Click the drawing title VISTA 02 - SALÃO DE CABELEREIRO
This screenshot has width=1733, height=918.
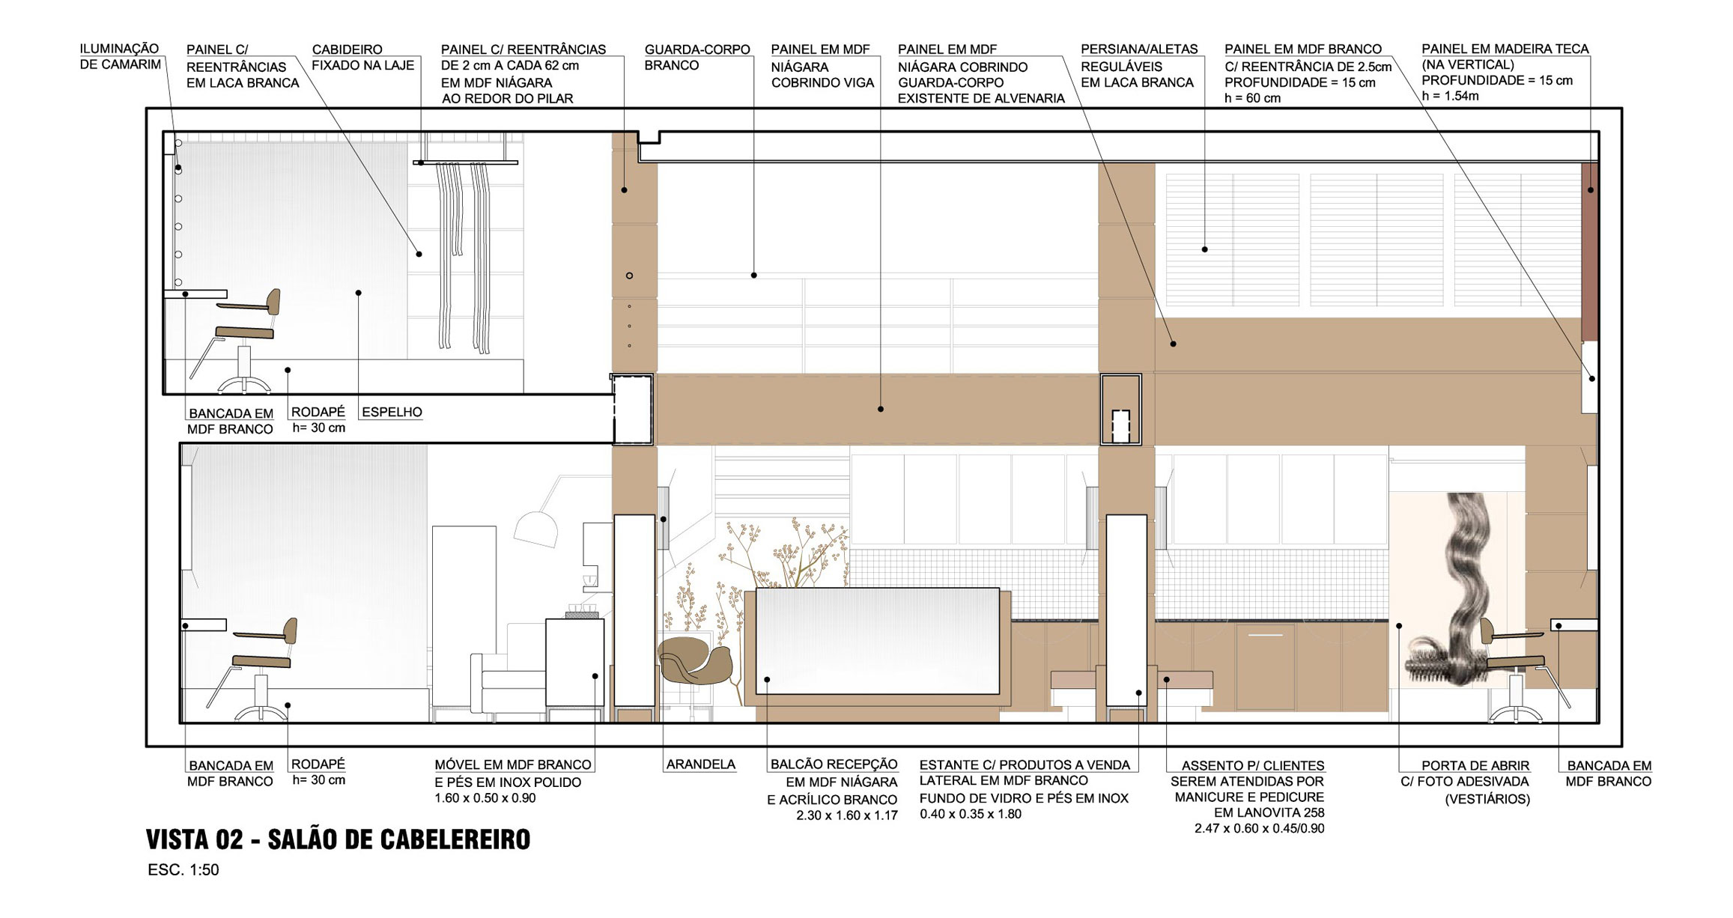point(338,839)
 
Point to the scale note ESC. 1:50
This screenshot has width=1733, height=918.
point(183,870)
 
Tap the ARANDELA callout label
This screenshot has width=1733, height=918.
point(701,765)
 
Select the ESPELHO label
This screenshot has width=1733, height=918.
point(392,412)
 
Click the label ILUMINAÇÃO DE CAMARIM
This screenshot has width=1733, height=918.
point(120,57)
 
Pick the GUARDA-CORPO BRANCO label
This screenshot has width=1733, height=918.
point(697,58)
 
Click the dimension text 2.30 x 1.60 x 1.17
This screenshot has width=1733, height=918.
point(847,815)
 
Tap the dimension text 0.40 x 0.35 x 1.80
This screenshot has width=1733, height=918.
point(971,814)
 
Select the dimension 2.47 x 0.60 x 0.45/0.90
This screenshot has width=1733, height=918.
point(1260,829)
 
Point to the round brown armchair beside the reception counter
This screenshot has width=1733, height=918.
point(695,659)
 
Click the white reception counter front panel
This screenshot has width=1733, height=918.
point(878,641)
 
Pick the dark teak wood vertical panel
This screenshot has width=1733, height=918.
point(1590,252)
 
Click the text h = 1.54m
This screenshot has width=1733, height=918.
point(1451,96)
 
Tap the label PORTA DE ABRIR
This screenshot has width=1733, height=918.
point(1475,765)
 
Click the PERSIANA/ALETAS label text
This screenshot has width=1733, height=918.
point(1139,49)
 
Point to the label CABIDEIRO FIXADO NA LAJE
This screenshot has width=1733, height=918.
point(362,58)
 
